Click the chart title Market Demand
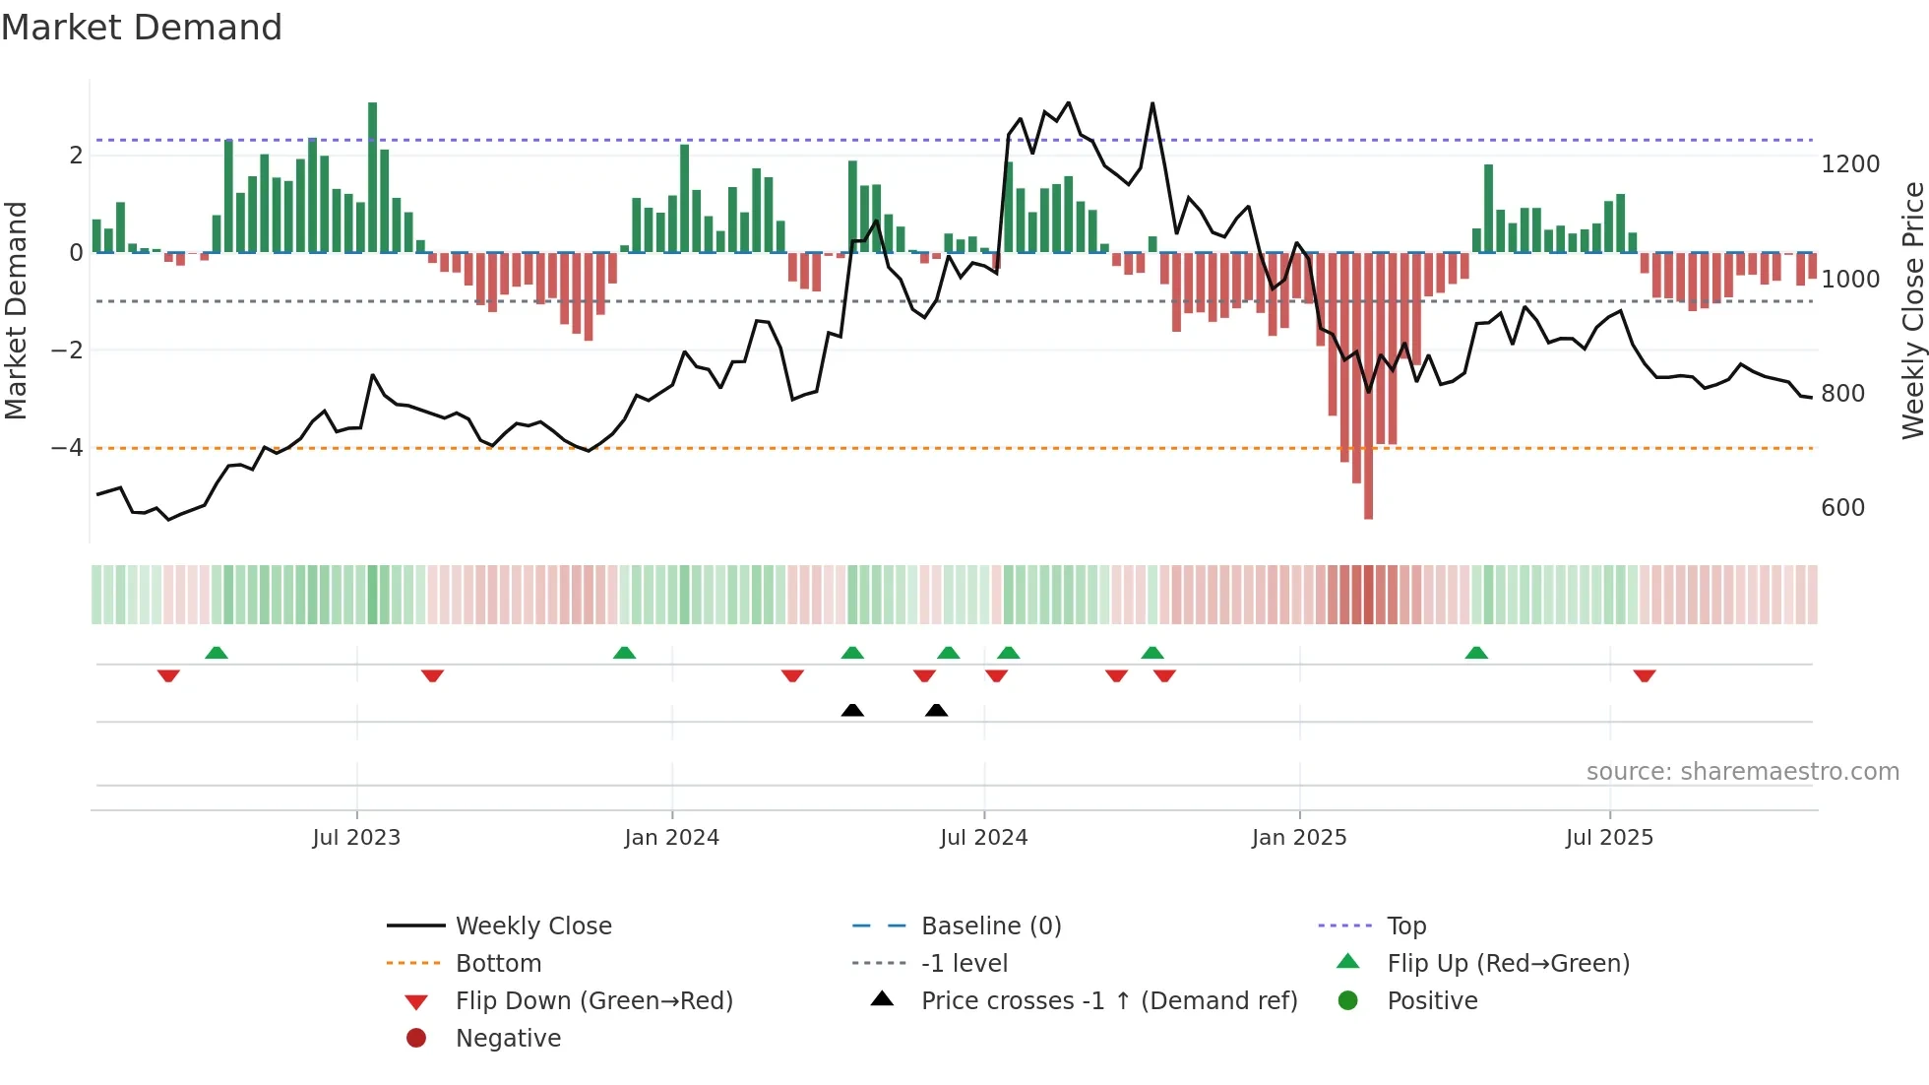(142, 28)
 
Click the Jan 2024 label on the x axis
(671, 838)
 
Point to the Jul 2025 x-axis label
(1609, 838)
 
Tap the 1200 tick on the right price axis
(1849, 164)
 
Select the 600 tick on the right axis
(1842, 508)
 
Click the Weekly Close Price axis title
(1912, 310)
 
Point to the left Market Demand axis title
(17, 310)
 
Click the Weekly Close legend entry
(532, 926)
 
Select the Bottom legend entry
(498, 964)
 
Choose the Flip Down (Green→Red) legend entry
(593, 1001)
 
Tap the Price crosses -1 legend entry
(1108, 1001)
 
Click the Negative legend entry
(508, 1039)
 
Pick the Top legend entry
(1405, 926)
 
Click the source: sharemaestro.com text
(1742, 772)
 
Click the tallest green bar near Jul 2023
(373, 177)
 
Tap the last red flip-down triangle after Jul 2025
(1645, 675)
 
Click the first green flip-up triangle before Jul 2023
(217, 653)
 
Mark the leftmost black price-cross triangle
(852, 710)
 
